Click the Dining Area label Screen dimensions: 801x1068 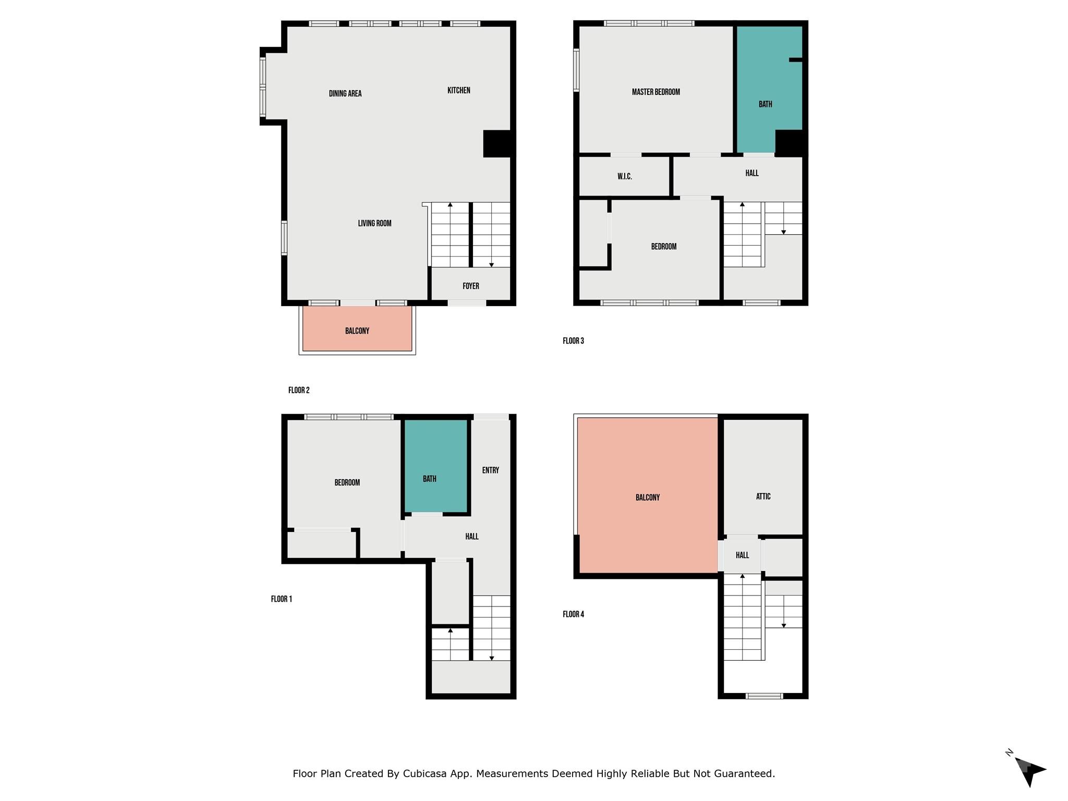pyautogui.click(x=345, y=94)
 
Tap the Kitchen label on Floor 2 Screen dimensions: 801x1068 pyautogui.click(x=458, y=91)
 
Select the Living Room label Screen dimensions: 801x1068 pyautogui.click(x=374, y=223)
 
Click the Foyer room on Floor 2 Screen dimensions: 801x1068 pyautogui.click(x=470, y=286)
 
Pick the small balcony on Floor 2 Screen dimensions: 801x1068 pyautogui.click(x=357, y=331)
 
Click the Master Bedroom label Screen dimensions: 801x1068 pyautogui.click(x=656, y=92)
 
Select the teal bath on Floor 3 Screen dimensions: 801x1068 pyautogui.click(x=765, y=104)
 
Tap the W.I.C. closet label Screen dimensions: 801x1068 pyautogui.click(x=624, y=177)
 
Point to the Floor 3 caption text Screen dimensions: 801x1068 pyautogui.click(x=573, y=341)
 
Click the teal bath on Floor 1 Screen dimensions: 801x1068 pyautogui.click(x=430, y=479)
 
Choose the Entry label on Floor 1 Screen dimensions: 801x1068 pyautogui.click(x=490, y=470)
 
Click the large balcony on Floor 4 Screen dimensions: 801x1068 pyautogui.click(x=647, y=497)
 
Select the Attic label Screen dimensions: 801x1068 pyautogui.click(x=763, y=496)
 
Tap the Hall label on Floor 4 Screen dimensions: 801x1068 pyautogui.click(x=742, y=555)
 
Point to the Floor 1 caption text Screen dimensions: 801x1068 pyautogui.click(x=281, y=599)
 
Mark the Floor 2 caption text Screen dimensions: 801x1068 pyautogui.click(x=299, y=391)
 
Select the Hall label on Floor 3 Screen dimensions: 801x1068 pyautogui.click(x=751, y=173)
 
